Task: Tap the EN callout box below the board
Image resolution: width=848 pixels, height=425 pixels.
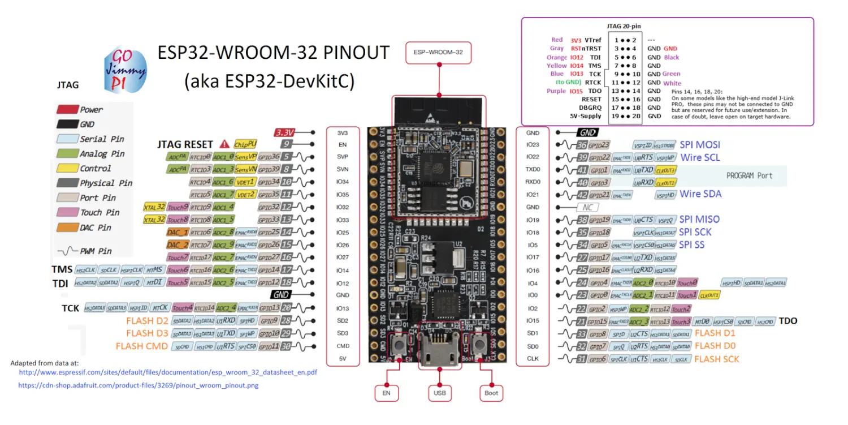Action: pyautogui.click(x=386, y=393)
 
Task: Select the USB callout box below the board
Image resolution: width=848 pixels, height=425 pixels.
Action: pyautogui.click(x=439, y=393)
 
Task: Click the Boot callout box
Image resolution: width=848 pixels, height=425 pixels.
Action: pyautogui.click(x=491, y=393)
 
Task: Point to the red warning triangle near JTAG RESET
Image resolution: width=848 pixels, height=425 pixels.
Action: pyautogui.click(x=224, y=144)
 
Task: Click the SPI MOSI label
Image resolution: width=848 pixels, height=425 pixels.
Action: pyautogui.click(x=700, y=145)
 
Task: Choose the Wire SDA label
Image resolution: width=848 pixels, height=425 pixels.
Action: pyautogui.click(x=700, y=194)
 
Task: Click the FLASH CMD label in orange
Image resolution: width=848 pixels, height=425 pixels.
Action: pyautogui.click(x=142, y=346)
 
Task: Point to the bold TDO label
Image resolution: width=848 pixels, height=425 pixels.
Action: pyautogui.click(x=788, y=321)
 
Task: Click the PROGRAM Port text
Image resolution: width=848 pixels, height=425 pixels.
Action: pyautogui.click(x=749, y=175)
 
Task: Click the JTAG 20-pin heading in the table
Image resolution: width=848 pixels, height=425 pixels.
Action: pyautogui.click(x=620, y=27)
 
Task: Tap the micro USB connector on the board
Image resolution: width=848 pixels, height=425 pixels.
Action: pyautogui.click(x=439, y=345)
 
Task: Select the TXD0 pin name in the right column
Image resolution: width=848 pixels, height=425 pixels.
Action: pyautogui.click(x=533, y=169)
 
